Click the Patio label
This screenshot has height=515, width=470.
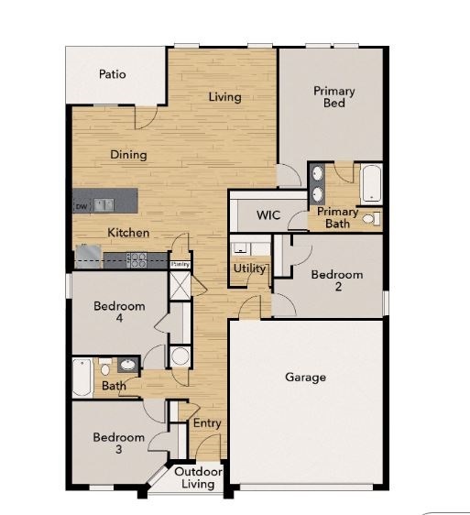pyautogui.click(x=113, y=74)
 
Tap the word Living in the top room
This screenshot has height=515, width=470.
pyautogui.click(x=224, y=97)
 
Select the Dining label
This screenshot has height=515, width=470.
pyautogui.click(x=128, y=155)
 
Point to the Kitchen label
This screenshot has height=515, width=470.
pyautogui.click(x=128, y=233)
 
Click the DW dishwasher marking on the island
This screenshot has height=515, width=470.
pyautogui.click(x=81, y=206)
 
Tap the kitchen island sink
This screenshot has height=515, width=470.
pyautogui.click(x=104, y=205)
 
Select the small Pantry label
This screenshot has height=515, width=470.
pyautogui.click(x=180, y=265)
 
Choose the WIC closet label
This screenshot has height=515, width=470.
pyautogui.click(x=268, y=215)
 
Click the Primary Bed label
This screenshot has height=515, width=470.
pyautogui.click(x=333, y=97)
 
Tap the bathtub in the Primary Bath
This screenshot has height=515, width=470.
pyautogui.click(x=371, y=183)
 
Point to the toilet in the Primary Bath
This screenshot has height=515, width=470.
pyautogui.click(x=370, y=220)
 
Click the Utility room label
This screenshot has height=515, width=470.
pyautogui.click(x=249, y=269)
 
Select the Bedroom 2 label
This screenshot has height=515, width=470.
pyautogui.click(x=337, y=280)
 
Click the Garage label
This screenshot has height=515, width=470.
pyautogui.click(x=305, y=377)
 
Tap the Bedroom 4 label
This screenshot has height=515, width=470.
pyautogui.click(x=119, y=312)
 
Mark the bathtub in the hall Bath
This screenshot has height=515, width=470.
pyautogui.click(x=82, y=376)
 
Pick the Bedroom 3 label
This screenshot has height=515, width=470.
pyautogui.click(x=119, y=444)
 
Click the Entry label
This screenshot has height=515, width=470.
pyautogui.click(x=206, y=423)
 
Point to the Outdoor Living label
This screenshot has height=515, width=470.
pyautogui.click(x=198, y=477)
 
